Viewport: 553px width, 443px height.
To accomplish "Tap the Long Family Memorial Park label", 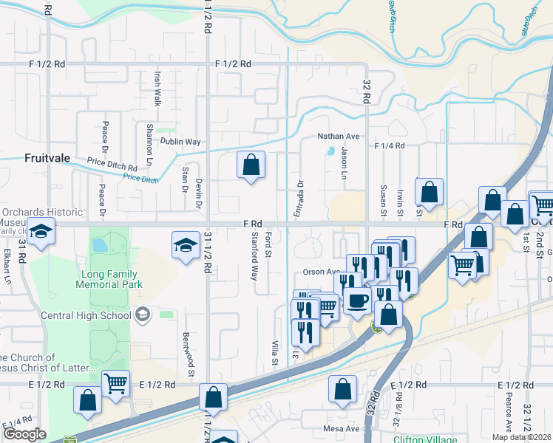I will coord(110,278).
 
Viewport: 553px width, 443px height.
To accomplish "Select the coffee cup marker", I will coord(358,301).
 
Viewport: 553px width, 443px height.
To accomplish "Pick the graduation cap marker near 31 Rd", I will coord(41,231).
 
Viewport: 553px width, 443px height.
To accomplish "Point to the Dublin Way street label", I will coord(181,142).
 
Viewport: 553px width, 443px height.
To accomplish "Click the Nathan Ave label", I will coord(338,137).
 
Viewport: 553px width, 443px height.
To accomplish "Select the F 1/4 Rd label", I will coord(390,146).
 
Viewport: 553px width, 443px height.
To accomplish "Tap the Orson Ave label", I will coord(319,271).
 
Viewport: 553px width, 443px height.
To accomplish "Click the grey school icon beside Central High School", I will coord(140,315).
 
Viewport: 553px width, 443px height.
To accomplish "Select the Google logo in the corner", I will coord(25,434).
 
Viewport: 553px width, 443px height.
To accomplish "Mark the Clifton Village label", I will coord(425,439).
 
